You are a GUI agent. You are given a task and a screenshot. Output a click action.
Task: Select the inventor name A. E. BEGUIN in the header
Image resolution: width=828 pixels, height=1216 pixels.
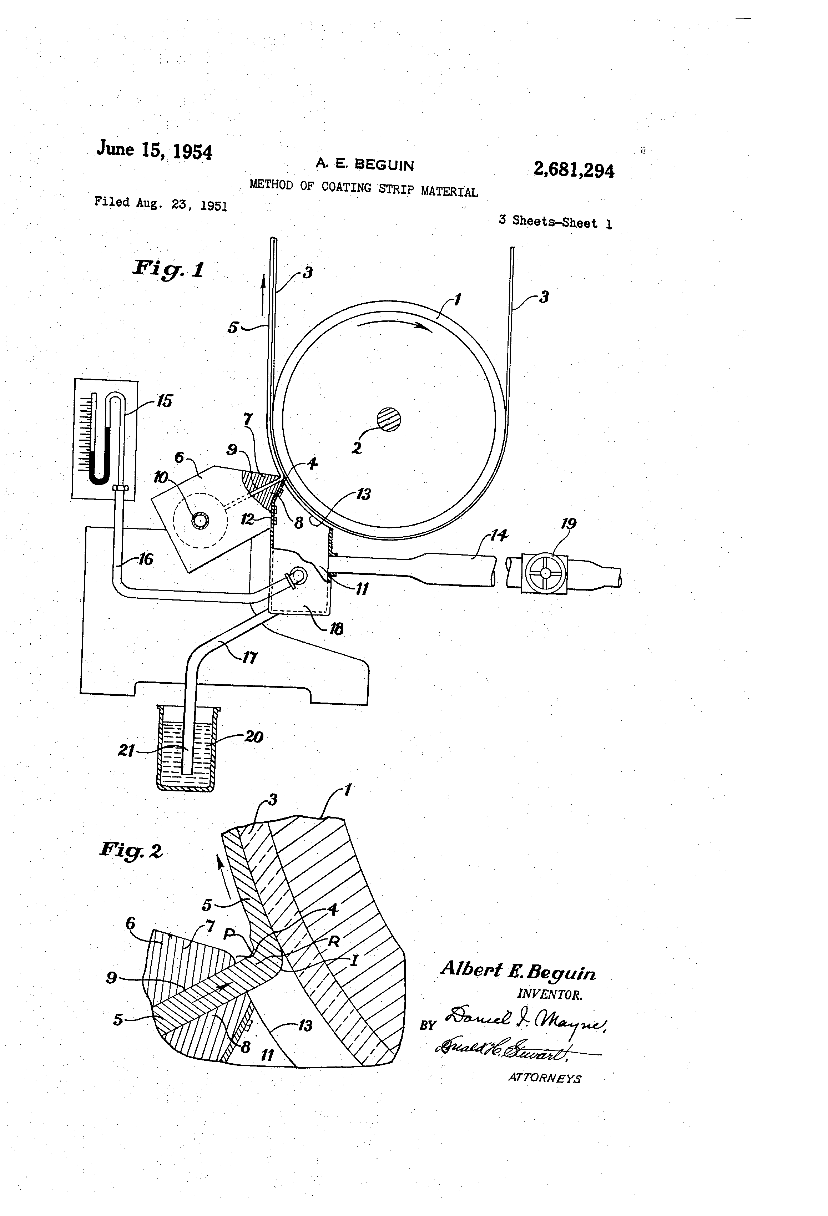[x=364, y=165]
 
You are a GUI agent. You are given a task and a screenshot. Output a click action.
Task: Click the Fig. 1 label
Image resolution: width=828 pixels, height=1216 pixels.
[x=168, y=269]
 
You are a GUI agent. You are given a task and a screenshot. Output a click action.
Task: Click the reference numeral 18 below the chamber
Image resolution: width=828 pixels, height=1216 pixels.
[x=335, y=628]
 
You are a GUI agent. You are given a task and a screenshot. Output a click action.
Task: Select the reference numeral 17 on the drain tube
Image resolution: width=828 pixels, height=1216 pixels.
[x=250, y=657]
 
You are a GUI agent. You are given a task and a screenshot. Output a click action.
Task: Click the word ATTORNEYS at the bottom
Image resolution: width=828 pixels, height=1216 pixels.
[x=544, y=1078]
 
